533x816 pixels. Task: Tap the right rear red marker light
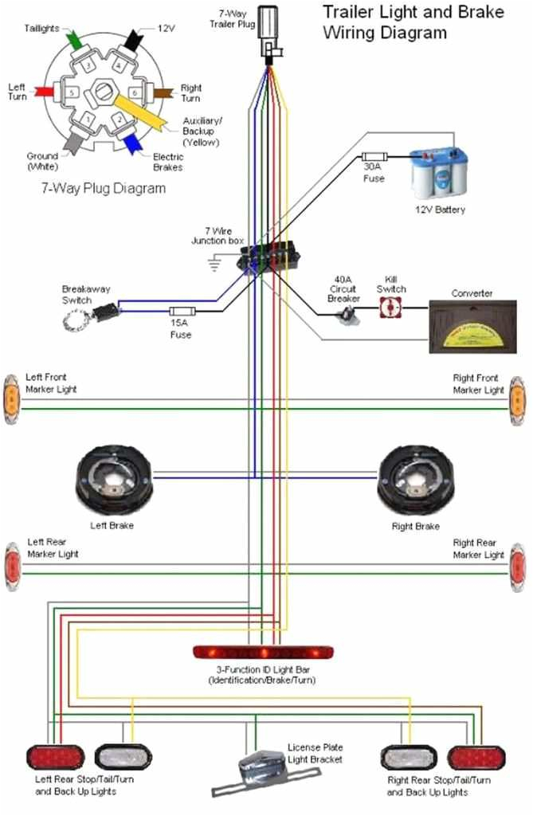click(x=518, y=567)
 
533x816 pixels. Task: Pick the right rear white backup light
click(x=409, y=756)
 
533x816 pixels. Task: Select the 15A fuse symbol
click(x=182, y=311)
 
